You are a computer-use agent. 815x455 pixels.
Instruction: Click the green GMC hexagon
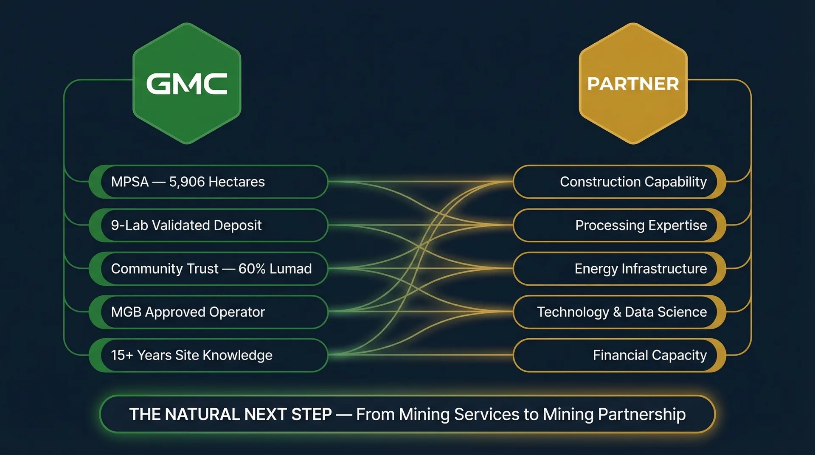click(x=187, y=84)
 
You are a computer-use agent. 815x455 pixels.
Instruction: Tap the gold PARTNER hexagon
click(x=633, y=84)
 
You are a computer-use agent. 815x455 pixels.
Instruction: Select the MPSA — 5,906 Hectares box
click(x=208, y=182)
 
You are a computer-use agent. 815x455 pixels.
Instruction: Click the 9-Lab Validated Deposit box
click(x=208, y=225)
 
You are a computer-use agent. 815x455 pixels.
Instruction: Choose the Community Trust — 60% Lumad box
click(x=208, y=268)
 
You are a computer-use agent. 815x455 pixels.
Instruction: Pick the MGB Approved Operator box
click(x=208, y=312)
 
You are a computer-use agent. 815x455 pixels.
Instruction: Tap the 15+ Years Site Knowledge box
click(x=208, y=355)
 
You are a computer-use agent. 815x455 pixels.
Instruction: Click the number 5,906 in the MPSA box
click(x=187, y=182)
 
